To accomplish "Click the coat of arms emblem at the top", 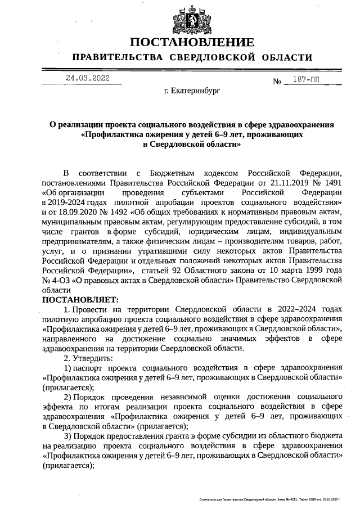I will tap(192, 20).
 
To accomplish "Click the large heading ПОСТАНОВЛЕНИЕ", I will tap(192, 43).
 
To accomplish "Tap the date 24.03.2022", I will tap(87, 78).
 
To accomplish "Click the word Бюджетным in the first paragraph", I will tap(177, 172).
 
